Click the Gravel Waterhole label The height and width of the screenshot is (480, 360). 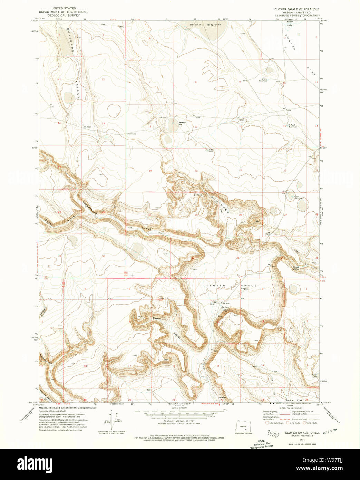[x=263, y=80]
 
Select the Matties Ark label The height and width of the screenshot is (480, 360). [x=183, y=123]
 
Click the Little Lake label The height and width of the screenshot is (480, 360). [x=211, y=151]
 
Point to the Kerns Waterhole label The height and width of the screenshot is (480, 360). [x=299, y=197]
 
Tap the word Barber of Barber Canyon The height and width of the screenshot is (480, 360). [x=157, y=318]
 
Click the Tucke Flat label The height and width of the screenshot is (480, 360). [x=294, y=400]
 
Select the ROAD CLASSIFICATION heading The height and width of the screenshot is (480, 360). [x=289, y=408]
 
